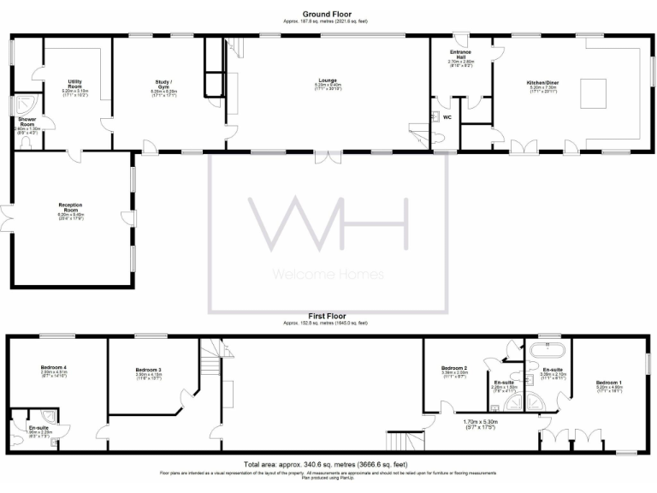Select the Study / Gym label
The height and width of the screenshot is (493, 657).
[x=163, y=82]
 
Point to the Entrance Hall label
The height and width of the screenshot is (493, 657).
[x=460, y=55]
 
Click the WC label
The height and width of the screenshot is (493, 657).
[x=447, y=117]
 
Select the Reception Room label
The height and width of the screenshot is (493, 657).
[x=70, y=207]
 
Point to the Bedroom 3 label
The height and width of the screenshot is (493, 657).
[x=124, y=369]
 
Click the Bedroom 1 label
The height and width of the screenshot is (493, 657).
[x=608, y=382]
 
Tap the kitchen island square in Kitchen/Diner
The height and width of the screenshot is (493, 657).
[x=594, y=89]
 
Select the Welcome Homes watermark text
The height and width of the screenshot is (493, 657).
[x=328, y=275]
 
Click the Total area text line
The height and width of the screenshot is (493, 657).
[x=328, y=463]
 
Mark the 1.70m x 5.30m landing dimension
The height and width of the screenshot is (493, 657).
[x=481, y=421]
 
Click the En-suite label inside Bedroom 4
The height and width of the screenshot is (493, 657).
[x=38, y=427]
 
